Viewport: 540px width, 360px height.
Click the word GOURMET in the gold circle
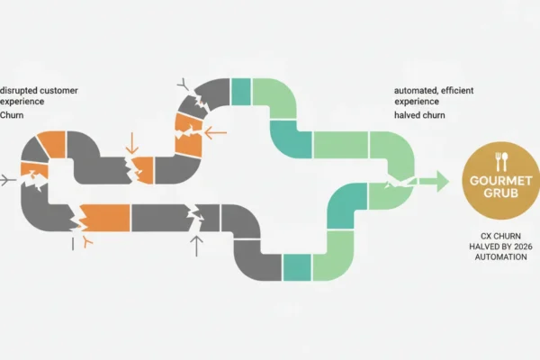coord(500,181)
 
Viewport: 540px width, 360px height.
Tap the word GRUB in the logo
coord(500,193)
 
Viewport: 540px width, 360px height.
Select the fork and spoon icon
coord(501,162)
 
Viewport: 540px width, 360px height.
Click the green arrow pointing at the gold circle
coord(434,181)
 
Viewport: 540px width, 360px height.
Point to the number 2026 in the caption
coord(523,247)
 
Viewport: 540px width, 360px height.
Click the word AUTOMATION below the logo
coord(500,257)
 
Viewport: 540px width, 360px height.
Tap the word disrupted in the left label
coord(19,91)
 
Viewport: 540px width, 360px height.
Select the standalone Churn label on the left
coord(12,115)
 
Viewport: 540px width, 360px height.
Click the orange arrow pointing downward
coord(132,143)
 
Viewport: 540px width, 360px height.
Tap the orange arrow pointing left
coord(216,132)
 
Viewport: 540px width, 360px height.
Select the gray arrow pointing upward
coord(196,246)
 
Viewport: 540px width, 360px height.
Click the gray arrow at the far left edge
coord(8,180)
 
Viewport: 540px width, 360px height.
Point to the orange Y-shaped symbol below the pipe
coord(86,241)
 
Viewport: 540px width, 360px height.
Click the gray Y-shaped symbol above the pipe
coord(184,84)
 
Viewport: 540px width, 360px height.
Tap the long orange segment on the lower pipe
coord(105,218)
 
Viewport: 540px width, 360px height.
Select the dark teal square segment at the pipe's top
coord(240,92)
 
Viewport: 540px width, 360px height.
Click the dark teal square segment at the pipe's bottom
coord(297,267)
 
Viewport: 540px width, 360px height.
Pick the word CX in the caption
coord(486,237)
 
